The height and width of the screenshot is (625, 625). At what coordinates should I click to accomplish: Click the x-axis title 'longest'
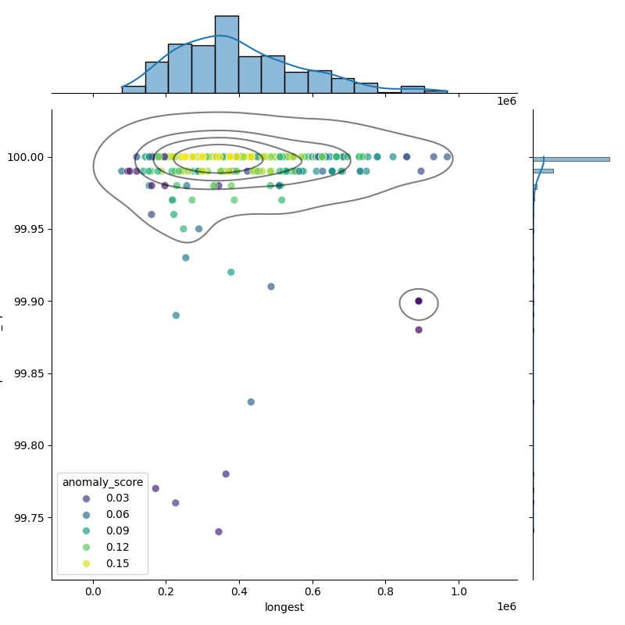click(x=284, y=607)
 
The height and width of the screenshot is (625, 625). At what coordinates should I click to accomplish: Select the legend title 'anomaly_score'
click(x=103, y=482)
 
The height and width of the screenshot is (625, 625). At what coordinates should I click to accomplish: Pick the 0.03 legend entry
click(x=117, y=498)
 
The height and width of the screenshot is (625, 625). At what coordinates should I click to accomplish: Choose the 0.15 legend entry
click(x=117, y=563)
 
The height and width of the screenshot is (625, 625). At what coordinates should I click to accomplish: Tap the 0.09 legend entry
click(x=117, y=531)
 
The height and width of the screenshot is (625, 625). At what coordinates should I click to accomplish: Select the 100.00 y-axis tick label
click(x=26, y=157)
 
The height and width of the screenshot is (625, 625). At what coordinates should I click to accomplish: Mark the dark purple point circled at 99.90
click(x=419, y=301)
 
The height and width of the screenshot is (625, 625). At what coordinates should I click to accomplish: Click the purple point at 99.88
click(x=419, y=330)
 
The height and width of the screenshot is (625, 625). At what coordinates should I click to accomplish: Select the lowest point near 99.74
click(x=219, y=532)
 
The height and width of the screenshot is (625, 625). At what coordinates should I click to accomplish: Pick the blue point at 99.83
click(x=251, y=402)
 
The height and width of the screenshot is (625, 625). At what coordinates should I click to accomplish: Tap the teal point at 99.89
click(x=176, y=316)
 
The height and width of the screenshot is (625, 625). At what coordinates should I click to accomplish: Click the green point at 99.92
click(x=231, y=273)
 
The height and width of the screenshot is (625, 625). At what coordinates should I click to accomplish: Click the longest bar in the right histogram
click(x=571, y=159)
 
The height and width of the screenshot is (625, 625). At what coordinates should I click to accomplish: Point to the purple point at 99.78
click(x=226, y=474)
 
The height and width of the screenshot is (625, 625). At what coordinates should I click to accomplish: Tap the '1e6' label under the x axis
click(x=506, y=607)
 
